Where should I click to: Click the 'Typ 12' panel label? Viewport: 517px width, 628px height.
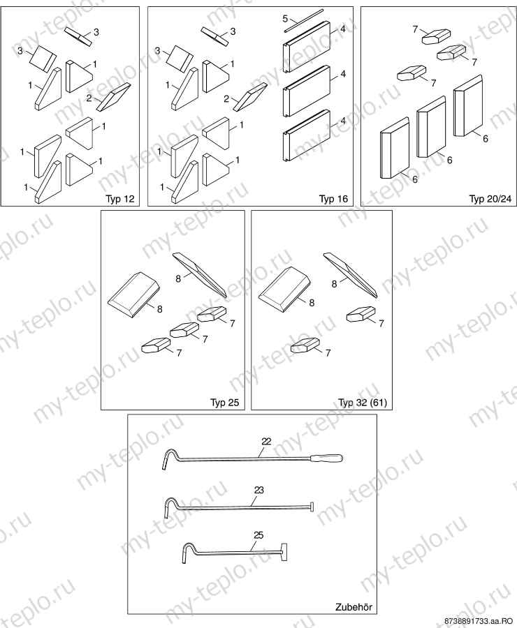pos(120,199)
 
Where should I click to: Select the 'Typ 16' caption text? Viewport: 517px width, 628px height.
pos(333,199)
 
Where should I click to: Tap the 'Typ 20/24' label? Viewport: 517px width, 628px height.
pos(490,199)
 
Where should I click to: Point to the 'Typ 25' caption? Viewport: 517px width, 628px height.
pos(224,403)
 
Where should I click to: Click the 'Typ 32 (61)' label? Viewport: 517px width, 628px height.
pos(363,403)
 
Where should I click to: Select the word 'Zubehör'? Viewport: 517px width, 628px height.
pos(354,607)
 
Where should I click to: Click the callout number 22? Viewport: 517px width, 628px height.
pos(266,442)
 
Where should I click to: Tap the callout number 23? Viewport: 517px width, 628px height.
pos(259,490)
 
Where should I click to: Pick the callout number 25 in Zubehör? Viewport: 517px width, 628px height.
pos(259,535)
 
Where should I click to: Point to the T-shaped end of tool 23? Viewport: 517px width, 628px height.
pos(311,507)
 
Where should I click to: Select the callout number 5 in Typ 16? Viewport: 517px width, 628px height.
pos(285,18)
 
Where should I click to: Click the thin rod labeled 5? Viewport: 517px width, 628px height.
pos(304,20)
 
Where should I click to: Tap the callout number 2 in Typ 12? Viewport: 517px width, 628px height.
pos(89,97)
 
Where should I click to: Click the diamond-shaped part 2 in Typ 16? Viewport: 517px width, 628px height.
pos(250,97)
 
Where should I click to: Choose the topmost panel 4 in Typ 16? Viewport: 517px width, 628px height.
pos(307,47)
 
